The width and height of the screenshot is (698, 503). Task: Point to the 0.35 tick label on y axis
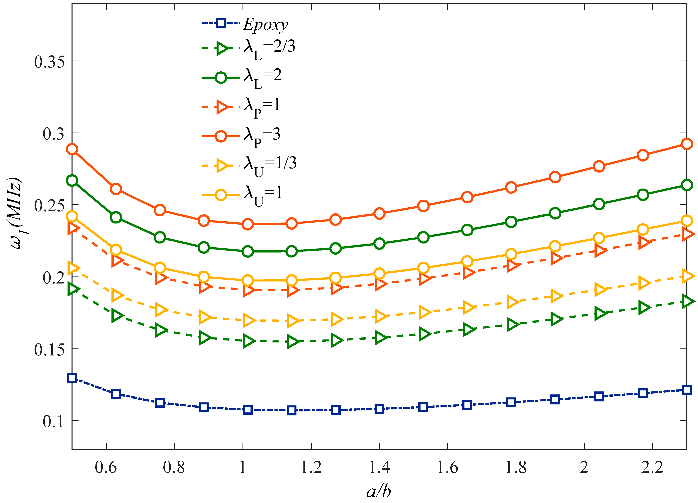point(49,61)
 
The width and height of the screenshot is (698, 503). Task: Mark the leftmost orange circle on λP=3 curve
point(72,149)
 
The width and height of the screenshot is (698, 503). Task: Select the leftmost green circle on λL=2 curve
point(72,181)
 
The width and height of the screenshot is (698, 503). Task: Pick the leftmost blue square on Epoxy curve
point(72,378)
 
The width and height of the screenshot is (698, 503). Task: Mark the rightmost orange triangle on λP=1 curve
point(687,234)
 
